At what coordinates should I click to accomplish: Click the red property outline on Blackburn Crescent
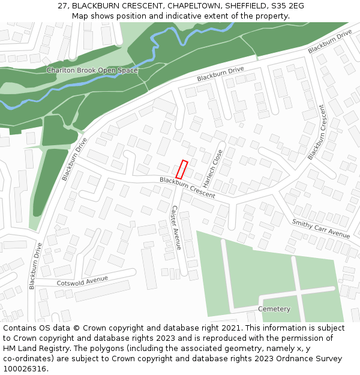(x=181, y=169)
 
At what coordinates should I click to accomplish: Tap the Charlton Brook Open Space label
(x=92, y=70)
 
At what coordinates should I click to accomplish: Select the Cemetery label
(x=274, y=309)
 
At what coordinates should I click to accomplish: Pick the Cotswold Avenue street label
(x=82, y=281)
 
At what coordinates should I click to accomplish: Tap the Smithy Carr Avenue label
(x=320, y=229)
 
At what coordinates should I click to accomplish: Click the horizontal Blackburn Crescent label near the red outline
(x=187, y=188)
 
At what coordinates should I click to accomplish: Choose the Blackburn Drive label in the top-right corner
(x=330, y=41)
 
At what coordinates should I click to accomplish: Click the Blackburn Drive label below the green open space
(x=220, y=74)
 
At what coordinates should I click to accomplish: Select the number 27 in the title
(x=63, y=5)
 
